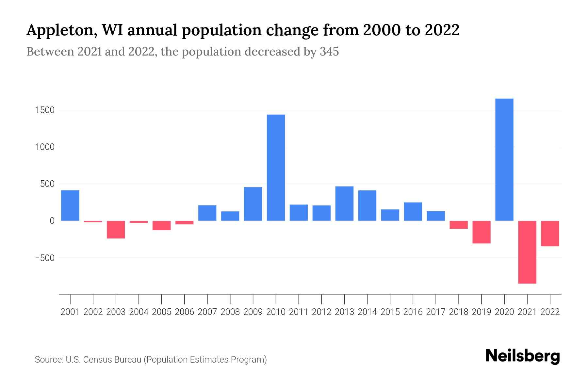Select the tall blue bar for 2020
[x=504, y=160]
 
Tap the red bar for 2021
[x=527, y=252]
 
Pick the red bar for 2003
[x=116, y=230]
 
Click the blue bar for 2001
[x=70, y=205]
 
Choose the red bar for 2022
[x=550, y=234]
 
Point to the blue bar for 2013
[x=344, y=204]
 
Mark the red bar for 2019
[x=481, y=232]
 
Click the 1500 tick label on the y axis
[x=45, y=110]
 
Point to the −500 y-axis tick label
[x=45, y=258]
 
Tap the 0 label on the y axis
[x=52, y=221]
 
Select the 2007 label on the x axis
[x=207, y=312]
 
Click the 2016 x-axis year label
[x=413, y=312]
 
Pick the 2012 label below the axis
[x=321, y=312]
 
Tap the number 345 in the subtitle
[x=329, y=52]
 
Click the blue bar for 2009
[x=253, y=204]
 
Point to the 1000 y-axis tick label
[x=45, y=147]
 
